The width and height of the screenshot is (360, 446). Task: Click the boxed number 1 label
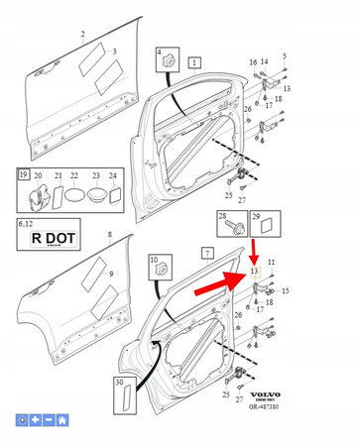click(194, 61)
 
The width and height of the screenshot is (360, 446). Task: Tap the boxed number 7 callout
click(207, 255)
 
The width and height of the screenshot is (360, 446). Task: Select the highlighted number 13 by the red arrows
click(254, 271)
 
